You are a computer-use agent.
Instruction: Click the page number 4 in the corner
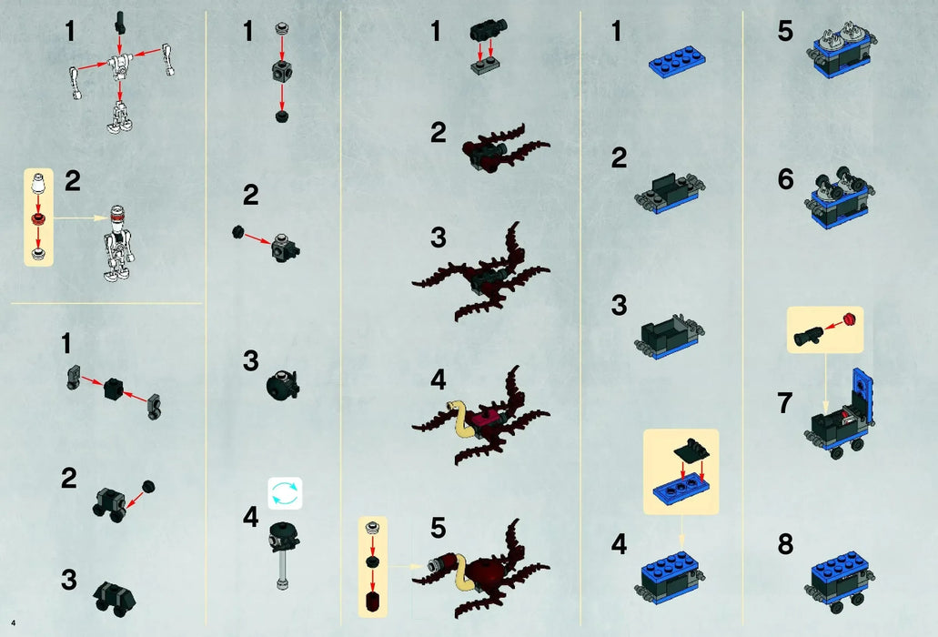click(x=13, y=623)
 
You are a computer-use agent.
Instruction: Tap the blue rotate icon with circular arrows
click(x=285, y=493)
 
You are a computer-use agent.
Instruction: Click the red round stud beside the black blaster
click(x=850, y=318)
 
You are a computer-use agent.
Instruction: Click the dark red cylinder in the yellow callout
click(x=372, y=601)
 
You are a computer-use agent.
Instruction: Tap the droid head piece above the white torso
click(x=121, y=22)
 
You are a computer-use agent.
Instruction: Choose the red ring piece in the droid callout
click(x=37, y=217)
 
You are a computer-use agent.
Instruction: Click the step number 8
click(x=785, y=544)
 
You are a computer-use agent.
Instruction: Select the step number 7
click(x=785, y=403)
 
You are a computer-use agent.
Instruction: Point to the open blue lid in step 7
click(x=862, y=393)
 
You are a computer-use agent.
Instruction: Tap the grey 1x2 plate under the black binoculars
click(x=485, y=66)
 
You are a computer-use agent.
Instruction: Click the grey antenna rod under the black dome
click(x=281, y=567)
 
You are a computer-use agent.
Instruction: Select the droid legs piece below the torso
click(x=120, y=116)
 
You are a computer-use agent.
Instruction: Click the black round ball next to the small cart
click(x=148, y=486)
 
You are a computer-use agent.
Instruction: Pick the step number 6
click(x=785, y=179)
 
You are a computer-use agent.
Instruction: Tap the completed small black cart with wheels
click(x=115, y=598)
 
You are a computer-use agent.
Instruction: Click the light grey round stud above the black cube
click(x=282, y=28)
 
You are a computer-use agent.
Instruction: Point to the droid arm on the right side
click(x=167, y=60)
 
